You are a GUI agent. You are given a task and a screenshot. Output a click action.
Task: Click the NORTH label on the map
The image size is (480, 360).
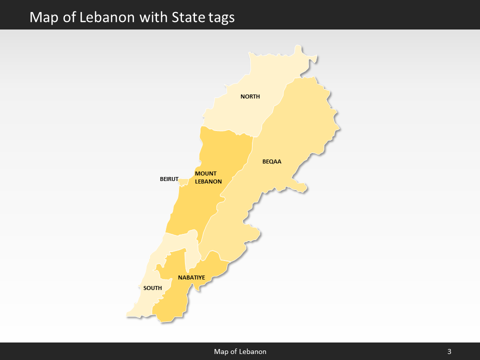(x=250, y=96)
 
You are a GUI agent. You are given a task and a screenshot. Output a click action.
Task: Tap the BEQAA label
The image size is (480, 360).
(x=272, y=161)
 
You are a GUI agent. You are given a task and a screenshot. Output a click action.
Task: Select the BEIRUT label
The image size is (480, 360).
(x=169, y=178)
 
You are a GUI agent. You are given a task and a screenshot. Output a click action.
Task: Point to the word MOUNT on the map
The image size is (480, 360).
(x=205, y=173)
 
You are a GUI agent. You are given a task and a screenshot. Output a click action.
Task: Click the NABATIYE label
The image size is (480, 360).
(x=191, y=277)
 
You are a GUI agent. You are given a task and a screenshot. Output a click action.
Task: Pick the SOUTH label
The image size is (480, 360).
(x=152, y=288)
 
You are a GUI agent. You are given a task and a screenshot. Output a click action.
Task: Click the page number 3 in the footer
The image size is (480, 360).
(x=449, y=351)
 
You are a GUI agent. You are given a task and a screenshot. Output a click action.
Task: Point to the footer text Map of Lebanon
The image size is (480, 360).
(x=240, y=351)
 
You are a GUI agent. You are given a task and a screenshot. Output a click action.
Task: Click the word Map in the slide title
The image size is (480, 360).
(x=41, y=17)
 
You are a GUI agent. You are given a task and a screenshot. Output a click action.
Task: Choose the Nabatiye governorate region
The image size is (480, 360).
(x=175, y=305)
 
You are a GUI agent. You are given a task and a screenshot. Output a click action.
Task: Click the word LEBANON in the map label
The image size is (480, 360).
(x=208, y=181)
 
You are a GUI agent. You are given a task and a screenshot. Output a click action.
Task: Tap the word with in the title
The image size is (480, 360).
(x=154, y=17)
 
